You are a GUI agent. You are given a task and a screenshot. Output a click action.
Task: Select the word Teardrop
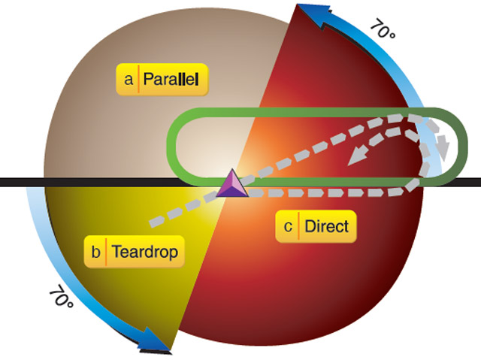(147, 252)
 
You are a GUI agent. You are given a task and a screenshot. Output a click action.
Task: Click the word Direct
(327, 225)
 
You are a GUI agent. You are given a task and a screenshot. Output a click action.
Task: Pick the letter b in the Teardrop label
(96, 252)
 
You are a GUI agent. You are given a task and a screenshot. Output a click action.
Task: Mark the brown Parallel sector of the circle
(113, 128)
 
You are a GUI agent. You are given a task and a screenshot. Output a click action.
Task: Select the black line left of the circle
(19, 183)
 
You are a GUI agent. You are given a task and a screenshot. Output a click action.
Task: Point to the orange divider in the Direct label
(298, 225)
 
